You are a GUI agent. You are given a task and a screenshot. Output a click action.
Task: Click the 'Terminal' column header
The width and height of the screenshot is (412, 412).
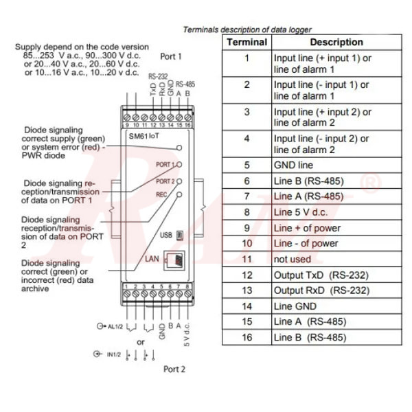247,43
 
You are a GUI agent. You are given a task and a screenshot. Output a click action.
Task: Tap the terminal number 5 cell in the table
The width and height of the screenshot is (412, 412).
247,165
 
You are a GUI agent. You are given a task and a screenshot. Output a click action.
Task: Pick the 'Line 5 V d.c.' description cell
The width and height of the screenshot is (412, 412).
302,212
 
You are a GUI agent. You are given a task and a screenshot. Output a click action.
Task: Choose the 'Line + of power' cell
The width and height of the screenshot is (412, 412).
307,228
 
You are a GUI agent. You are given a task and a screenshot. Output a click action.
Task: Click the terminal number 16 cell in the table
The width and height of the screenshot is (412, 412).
247,337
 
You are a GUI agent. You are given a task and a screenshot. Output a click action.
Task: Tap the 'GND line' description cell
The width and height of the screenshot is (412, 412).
293,165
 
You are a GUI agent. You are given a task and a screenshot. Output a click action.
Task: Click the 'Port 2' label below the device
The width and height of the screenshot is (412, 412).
174,369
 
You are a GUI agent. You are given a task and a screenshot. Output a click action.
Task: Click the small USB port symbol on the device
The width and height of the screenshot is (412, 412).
180,234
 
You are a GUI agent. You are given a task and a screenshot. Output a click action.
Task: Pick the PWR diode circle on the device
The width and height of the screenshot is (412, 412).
180,148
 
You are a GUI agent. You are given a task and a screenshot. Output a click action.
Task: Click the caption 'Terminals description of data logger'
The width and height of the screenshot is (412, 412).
247,30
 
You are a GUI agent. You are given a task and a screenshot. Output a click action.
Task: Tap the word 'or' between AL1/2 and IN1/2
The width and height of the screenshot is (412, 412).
141,341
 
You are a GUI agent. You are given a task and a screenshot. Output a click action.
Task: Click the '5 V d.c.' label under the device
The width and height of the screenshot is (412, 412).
186,335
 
